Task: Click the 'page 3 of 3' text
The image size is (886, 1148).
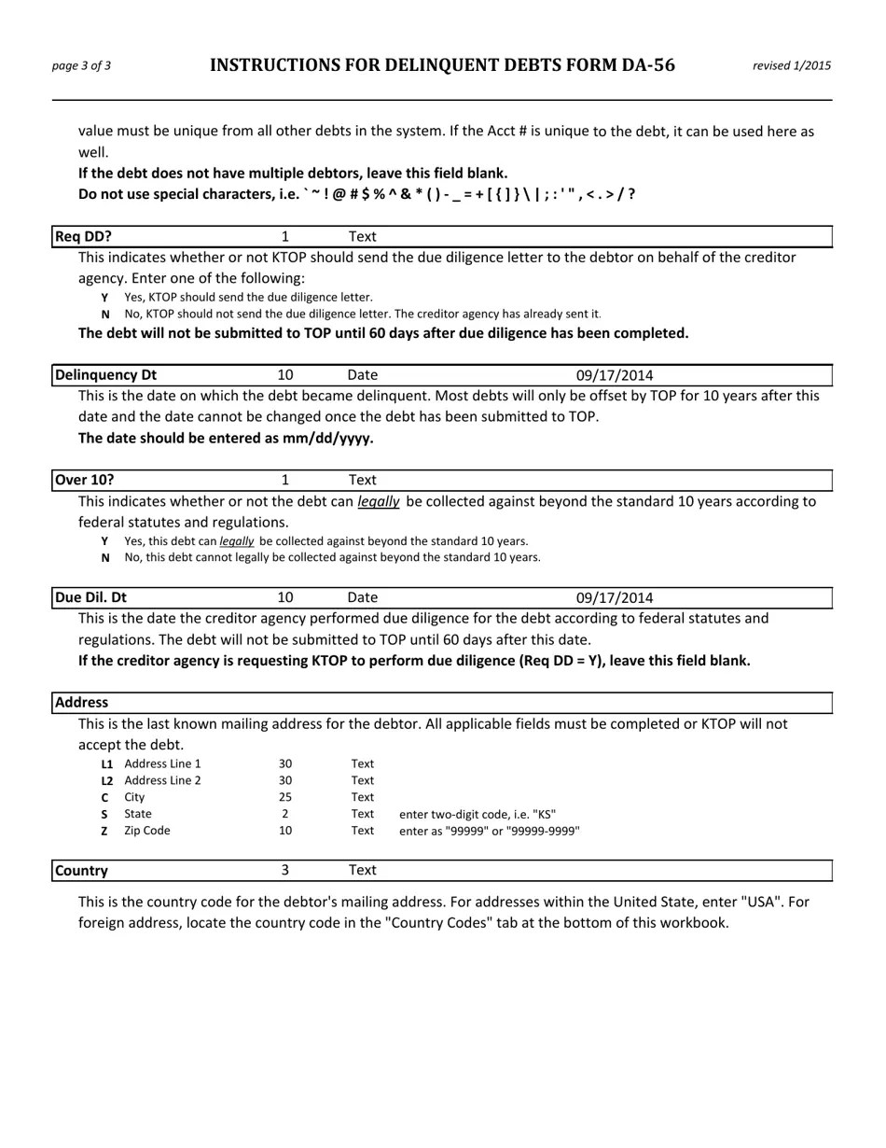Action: pos(81,65)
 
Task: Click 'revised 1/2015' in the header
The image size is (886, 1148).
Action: pos(791,65)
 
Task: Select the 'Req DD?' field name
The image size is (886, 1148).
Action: pos(84,237)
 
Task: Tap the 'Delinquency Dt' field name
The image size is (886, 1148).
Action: pos(105,375)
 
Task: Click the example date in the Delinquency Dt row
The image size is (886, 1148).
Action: pos(614,375)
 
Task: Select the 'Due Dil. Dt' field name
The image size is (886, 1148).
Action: pos(91,597)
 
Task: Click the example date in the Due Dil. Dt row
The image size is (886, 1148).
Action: pos(614,597)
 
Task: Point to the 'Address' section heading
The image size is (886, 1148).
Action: pos(82,702)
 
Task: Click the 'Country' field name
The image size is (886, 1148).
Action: pos(82,871)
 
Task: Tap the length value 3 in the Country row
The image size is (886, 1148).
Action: pos(285,870)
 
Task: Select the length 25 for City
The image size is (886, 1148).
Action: pos(285,797)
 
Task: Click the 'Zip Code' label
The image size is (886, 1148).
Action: pos(147,831)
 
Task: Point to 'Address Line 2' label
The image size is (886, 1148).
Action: pos(162,780)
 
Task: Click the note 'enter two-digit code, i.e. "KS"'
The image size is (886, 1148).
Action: pos(478,814)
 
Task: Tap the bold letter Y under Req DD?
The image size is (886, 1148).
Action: pos(105,298)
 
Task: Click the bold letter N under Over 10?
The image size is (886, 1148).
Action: pos(105,558)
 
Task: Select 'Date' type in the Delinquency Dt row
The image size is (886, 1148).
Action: pos(362,375)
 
